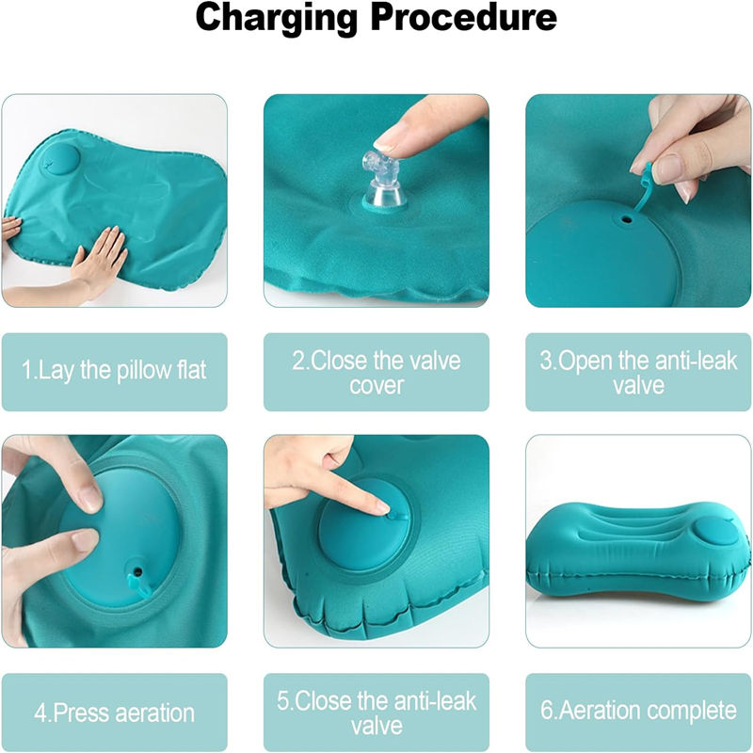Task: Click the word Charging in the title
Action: coord(276,19)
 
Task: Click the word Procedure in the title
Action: coord(464,17)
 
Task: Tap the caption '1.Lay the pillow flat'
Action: coord(114,370)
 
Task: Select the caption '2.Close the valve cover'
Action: coord(376,373)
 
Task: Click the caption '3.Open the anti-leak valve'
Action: coord(638,373)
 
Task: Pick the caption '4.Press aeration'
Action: coord(114,713)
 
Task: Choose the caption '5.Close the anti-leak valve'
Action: coord(376,713)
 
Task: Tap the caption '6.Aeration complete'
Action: coord(638,711)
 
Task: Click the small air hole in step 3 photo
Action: coord(626,220)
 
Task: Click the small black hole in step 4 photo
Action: coord(137,572)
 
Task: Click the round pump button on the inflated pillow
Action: coord(713,531)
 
